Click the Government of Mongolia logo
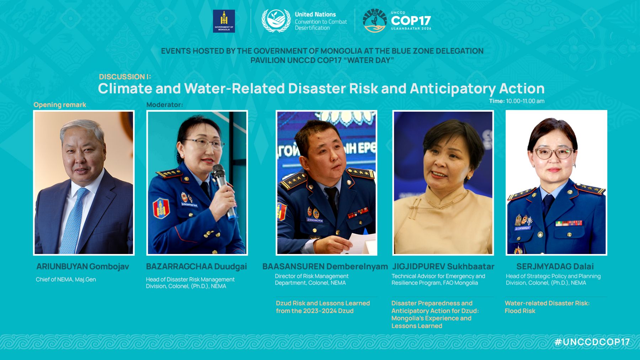point(224,21)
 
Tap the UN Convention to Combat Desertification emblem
point(276,21)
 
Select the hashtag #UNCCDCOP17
point(592,342)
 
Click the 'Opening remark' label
point(60,105)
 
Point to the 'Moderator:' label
point(165,105)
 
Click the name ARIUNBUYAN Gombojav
point(82,266)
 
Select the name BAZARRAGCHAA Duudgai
point(196,266)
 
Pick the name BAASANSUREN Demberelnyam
point(325,266)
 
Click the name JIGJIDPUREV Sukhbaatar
point(443,266)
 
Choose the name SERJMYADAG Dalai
point(555,266)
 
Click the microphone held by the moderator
point(223,190)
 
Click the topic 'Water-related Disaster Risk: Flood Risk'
point(547,307)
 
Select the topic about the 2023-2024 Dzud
point(323,307)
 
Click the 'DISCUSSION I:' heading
point(125,77)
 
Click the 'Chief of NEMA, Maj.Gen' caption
point(66,279)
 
